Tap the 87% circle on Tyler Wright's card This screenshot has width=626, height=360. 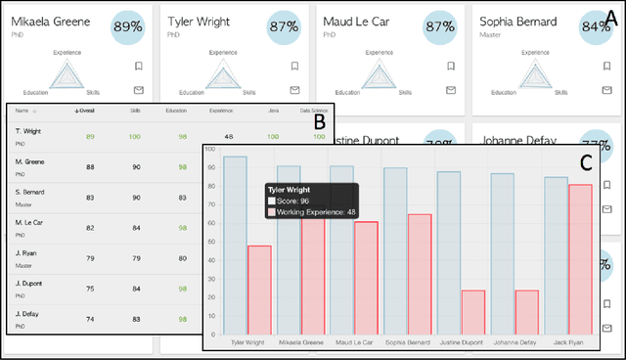pyautogui.click(x=284, y=25)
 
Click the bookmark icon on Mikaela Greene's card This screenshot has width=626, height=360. pyautogui.click(x=138, y=67)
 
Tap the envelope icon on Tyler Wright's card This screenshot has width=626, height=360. pyautogui.click(x=294, y=91)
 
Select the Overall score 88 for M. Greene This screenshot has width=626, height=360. pyautogui.click(x=90, y=167)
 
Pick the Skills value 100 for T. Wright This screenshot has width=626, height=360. pyautogui.click(x=135, y=137)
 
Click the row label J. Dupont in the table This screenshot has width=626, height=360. pyautogui.click(x=28, y=288)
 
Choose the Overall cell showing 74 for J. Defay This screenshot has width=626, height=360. pyautogui.click(x=90, y=319)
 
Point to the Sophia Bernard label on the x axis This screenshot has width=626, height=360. pyautogui.click(x=407, y=342)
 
